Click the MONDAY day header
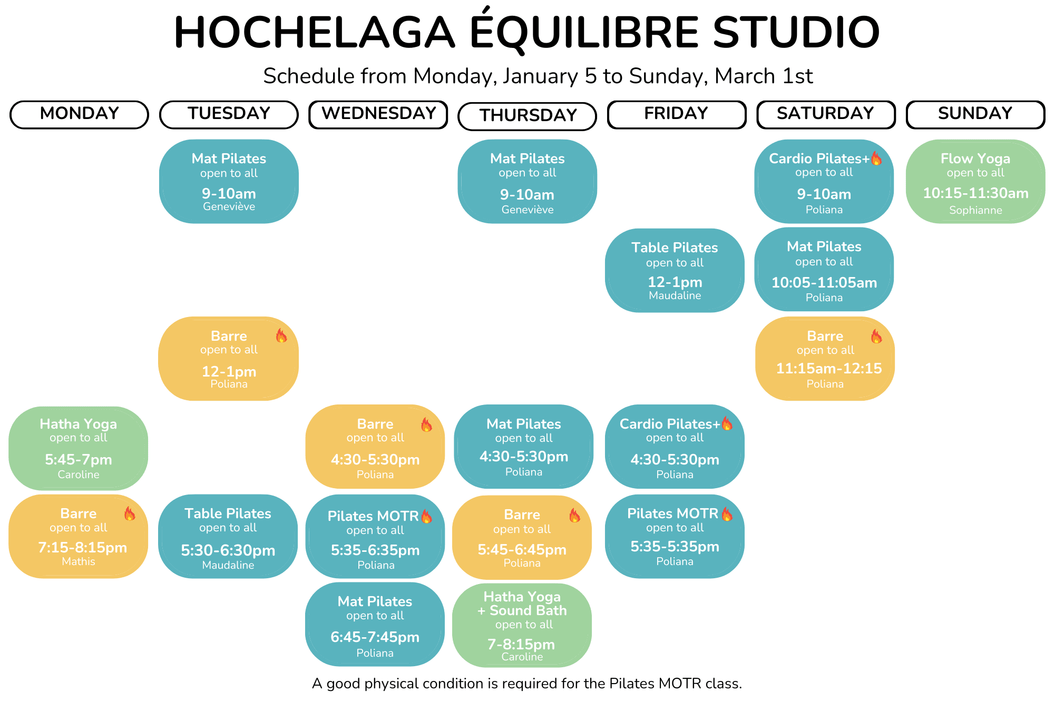point(79,114)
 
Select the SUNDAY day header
point(975,114)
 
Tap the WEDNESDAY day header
point(378,114)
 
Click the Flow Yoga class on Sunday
point(975,181)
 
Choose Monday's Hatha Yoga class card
point(79,448)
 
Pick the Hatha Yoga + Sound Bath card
point(522,625)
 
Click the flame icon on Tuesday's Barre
point(281,335)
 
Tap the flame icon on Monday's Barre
point(130,513)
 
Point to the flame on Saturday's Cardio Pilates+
point(876,158)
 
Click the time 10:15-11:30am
point(975,193)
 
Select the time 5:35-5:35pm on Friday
point(675,547)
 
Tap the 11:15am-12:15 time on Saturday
point(829,368)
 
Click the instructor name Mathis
point(79,561)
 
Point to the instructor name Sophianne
point(975,210)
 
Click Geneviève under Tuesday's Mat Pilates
point(229,206)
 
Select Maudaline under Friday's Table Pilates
point(675,295)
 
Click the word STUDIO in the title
point(796,33)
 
